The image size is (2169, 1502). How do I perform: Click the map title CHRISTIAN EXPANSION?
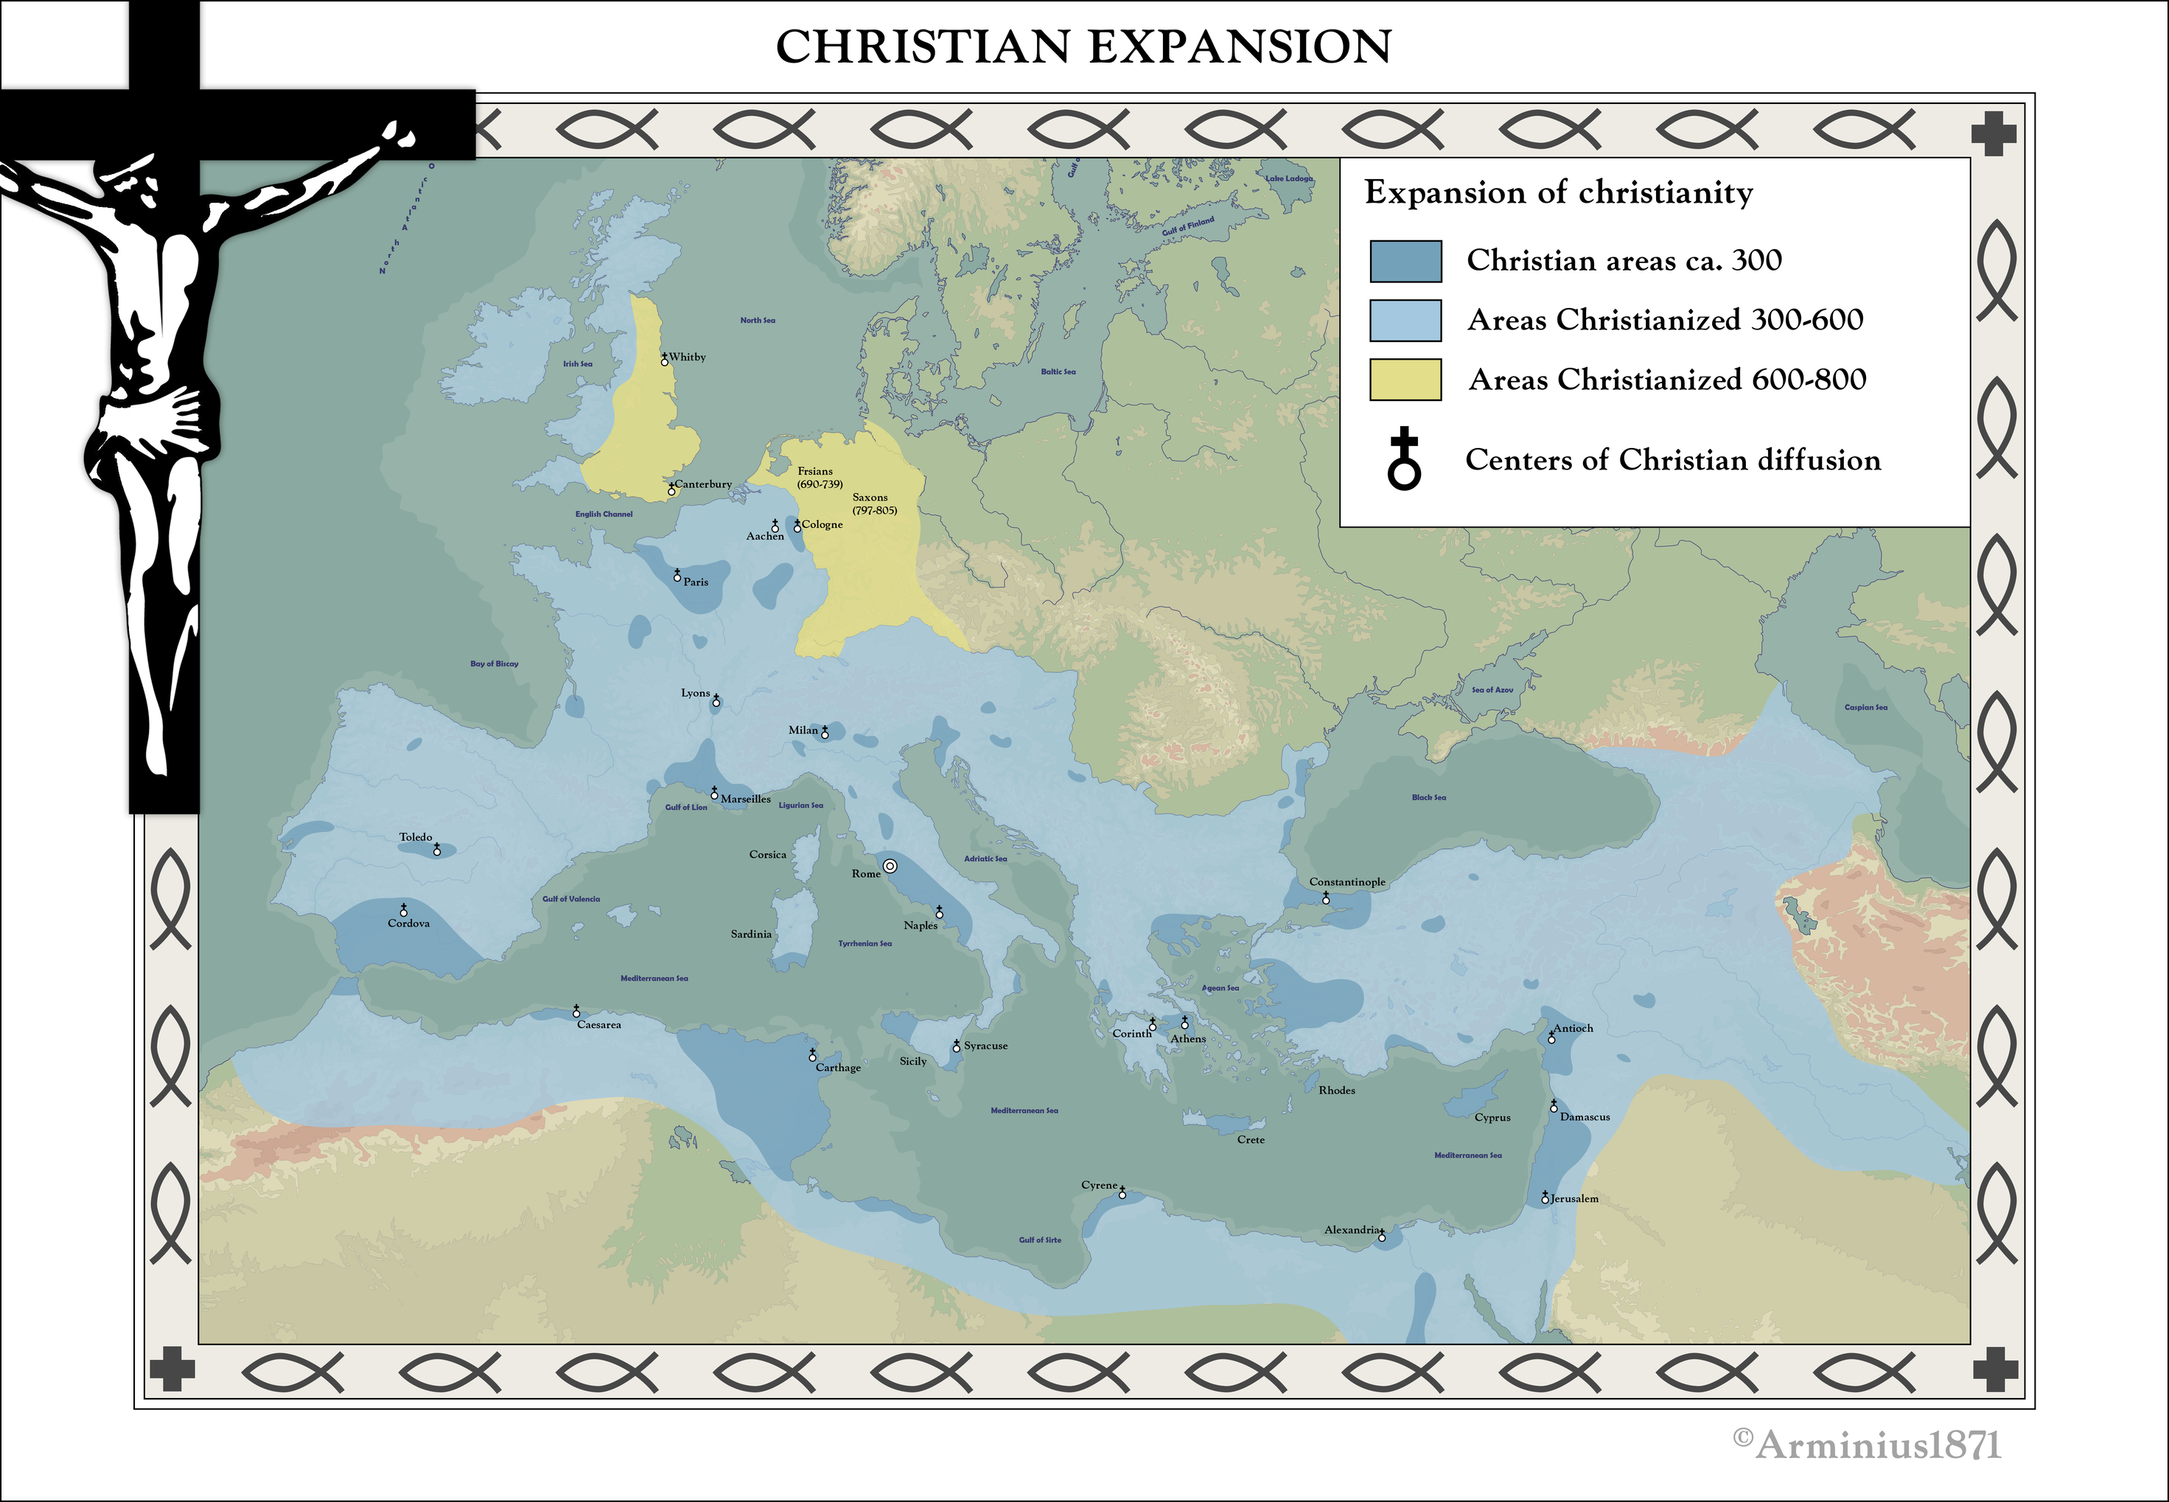pos(1083,47)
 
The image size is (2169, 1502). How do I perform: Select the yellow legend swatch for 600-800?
pos(1405,380)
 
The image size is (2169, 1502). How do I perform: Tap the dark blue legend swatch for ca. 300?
pos(1405,261)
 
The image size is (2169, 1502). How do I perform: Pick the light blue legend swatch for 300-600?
pos(1405,320)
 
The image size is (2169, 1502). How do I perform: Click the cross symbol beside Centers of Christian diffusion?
pos(1404,458)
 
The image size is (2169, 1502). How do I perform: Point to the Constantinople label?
pos(1347,881)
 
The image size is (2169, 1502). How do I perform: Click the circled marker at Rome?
pos(890,866)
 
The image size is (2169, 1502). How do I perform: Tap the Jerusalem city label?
pos(1574,1199)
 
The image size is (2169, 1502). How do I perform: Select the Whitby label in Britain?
pos(687,357)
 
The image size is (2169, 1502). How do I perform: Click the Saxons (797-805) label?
pos(874,503)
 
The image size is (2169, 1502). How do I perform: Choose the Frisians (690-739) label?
pos(819,477)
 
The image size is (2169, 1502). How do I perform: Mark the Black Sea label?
pos(1428,797)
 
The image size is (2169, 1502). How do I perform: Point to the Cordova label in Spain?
pos(408,923)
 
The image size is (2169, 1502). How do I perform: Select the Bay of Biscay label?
pos(494,663)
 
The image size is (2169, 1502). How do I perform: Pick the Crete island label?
pos(1250,1139)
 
